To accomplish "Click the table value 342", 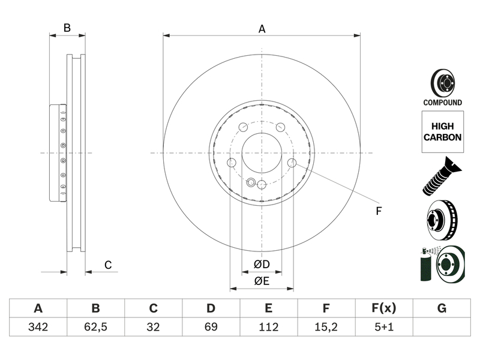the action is pyautogui.click(x=38, y=327).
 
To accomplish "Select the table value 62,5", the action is pyautogui.click(x=95, y=327).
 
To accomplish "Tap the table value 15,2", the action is pyautogui.click(x=326, y=327).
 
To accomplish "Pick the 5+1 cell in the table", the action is pyautogui.click(x=384, y=327).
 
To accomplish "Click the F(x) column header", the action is pyautogui.click(x=384, y=308).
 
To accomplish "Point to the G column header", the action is pyautogui.click(x=442, y=308).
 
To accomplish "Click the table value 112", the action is pyautogui.click(x=268, y=327).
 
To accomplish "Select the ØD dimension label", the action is pyautogui.click(x=262, y=264).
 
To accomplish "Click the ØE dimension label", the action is pyautogui.click(x=262, y=281).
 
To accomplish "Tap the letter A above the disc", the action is pyautogui.click(x=262, y=29).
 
